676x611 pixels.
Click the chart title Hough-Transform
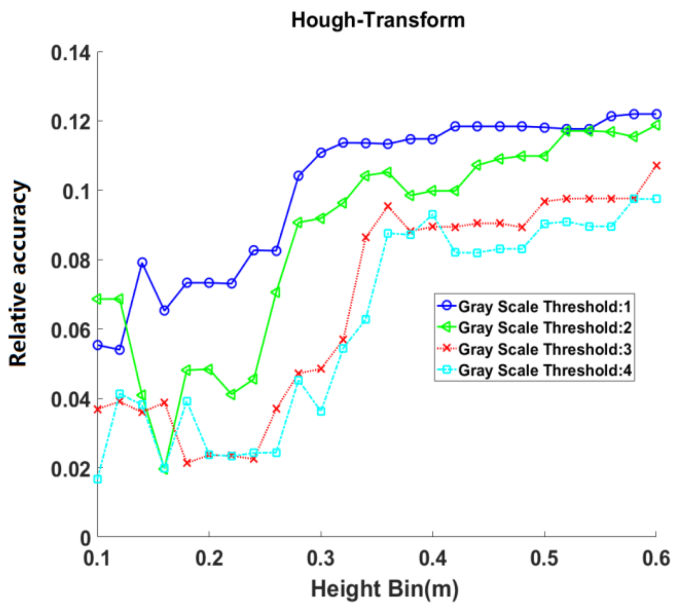(x=378, y=20)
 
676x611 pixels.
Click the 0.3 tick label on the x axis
(x=321, y=558)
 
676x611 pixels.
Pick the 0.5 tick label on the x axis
(x=544, y=558)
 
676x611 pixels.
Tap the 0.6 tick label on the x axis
(x=656, y=558)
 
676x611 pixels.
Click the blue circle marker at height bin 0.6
(x=656, y=114)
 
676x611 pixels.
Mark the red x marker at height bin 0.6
(x=656, y=166)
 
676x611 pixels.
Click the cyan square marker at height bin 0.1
(x=98, y=479)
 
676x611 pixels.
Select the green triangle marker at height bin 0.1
(x=98, y=299)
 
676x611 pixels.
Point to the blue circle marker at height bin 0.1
(x=98, y=345)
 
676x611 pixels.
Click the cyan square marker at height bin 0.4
(x=433, y=215)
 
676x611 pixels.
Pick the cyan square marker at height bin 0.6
(x=656, y=199)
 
